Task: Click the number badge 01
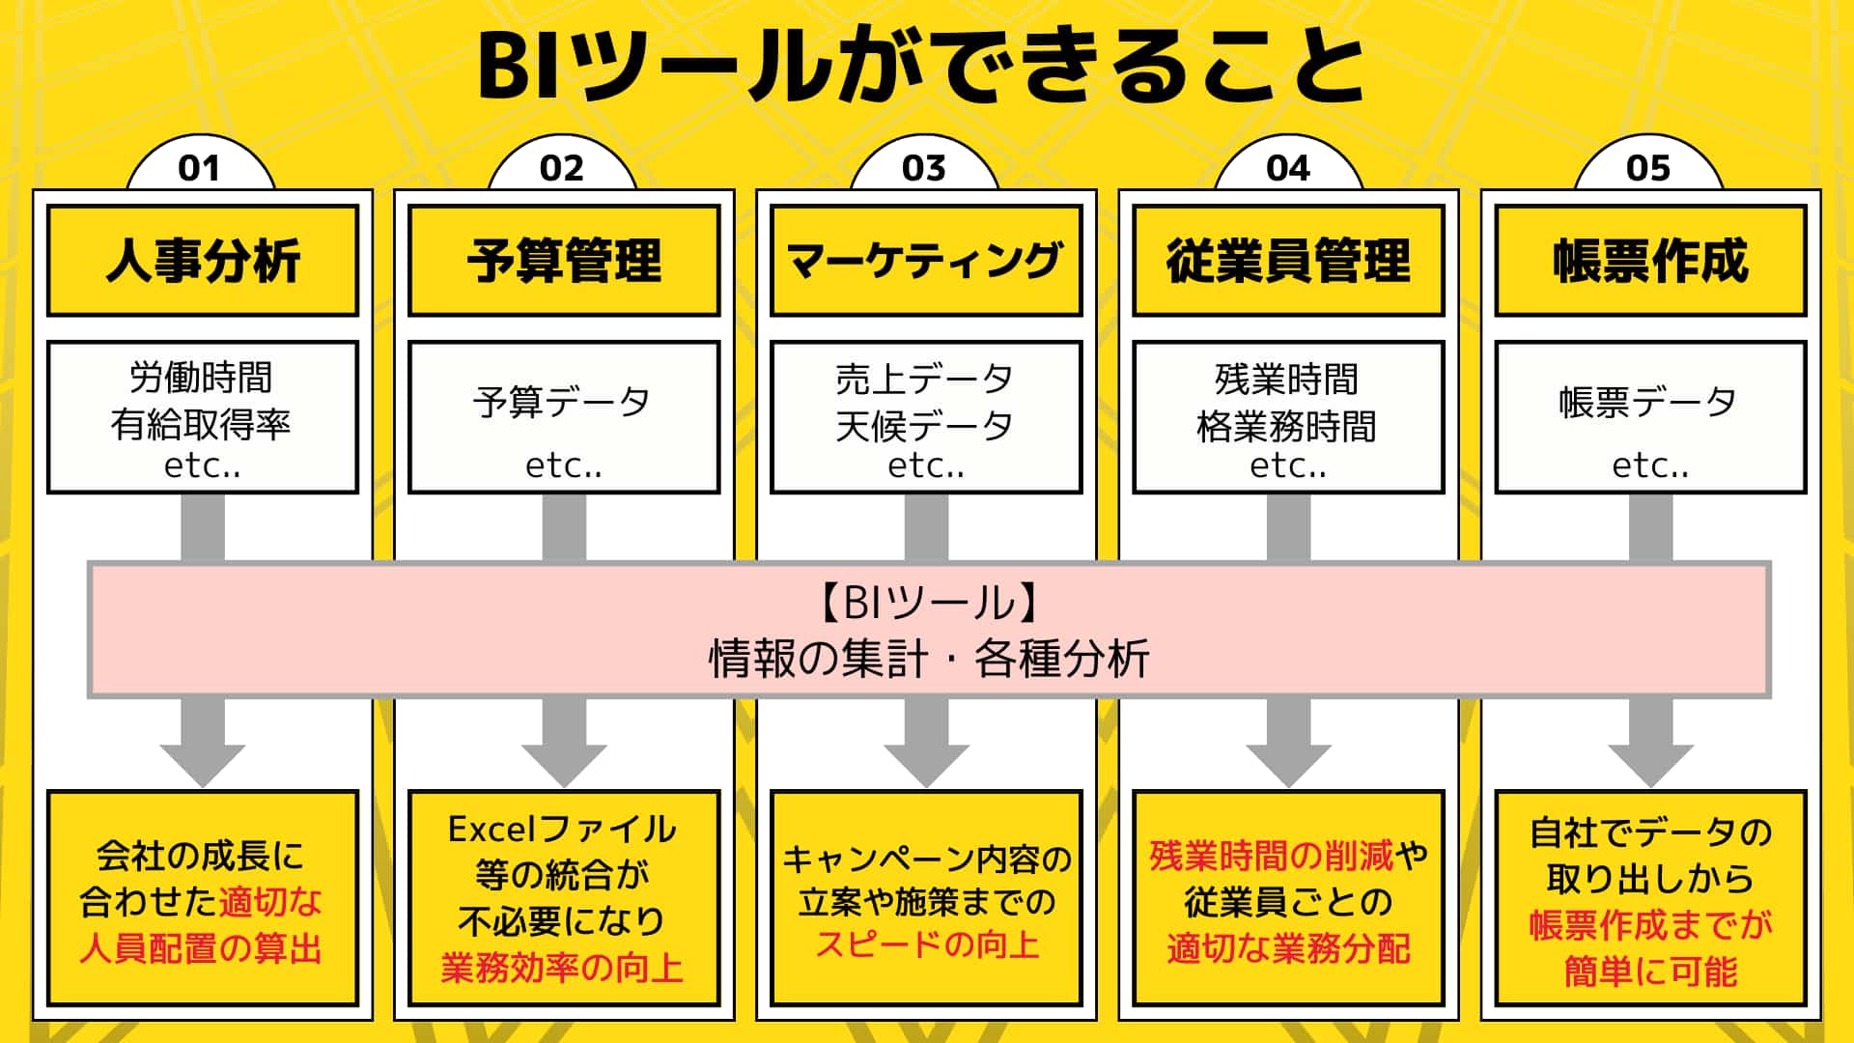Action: tap(200, 168)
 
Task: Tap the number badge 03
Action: tap(924, 168)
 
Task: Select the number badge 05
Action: tap(1648, 168)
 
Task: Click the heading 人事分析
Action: tap(203, 261)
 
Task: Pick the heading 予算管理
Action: tap(564, 261)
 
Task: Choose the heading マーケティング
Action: tap(925, 261)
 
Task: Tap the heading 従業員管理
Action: tap(1288, 261)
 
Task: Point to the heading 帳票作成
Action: tap(1650, 261)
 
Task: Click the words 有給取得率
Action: tap(201, 424)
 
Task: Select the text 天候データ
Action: tap(925, 425)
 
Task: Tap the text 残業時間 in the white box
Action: tap(1287, 380)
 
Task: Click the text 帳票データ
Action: tap(1648, 402)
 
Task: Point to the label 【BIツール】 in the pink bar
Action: tap(928, 603)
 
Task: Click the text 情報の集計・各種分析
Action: tap(928, 659)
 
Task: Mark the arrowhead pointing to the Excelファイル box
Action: tap(564, 763)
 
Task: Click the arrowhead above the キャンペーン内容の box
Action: tap(926, 763)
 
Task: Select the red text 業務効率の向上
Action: tap(563, 968)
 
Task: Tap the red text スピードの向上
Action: tap(927, 944)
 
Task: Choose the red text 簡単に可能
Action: tap(1650, 972)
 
